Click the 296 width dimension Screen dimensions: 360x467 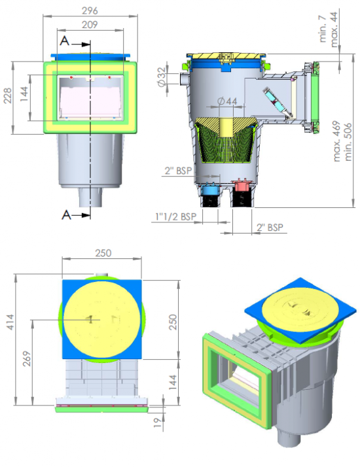(x=90, y=10)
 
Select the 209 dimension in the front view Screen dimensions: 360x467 (x=90, y=24)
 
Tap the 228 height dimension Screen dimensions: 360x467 (x=8, y=95)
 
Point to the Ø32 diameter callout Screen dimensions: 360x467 (x=161, y=77)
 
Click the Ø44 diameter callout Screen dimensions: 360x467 (x=227, y=101)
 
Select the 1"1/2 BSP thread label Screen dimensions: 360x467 (x=175, y=216)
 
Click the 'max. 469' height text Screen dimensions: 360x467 (x=336, y=141)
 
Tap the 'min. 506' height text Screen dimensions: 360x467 (x=348, y=142)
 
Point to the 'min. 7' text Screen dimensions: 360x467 (x=323, y=29)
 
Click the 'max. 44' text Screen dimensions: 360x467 (x=334, y=29)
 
